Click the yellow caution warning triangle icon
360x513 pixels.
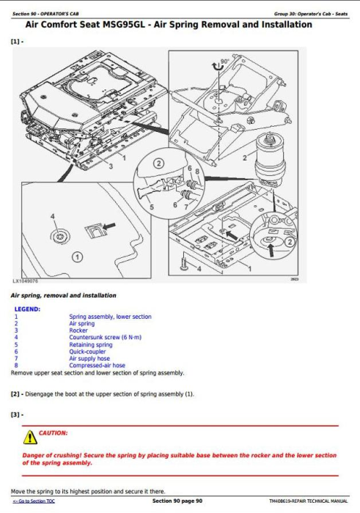pos(30,436)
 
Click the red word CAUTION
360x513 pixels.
pos(53,433)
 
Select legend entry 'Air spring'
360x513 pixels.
pos(81,323)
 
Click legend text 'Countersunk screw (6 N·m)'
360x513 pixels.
pos(99,337)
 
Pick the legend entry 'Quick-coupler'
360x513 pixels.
pos(87,351)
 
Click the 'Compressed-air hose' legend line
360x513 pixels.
pos(97,365)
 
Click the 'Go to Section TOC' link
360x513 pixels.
pos(34,501)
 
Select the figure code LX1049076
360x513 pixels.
pos(26,281)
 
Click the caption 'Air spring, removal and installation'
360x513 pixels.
pos(63,295)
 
